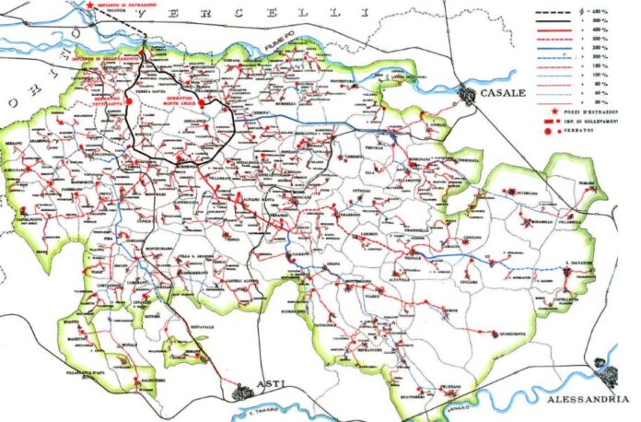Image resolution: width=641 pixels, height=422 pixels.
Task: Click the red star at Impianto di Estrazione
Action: point(88,5)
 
